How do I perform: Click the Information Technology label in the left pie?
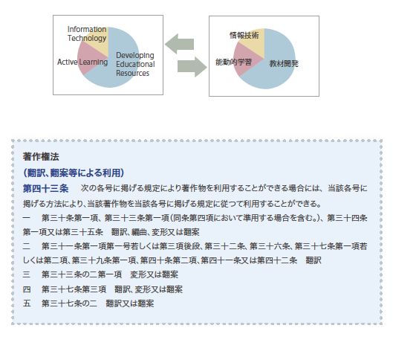pos(87,33)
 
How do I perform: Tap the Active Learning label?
pos(82,62)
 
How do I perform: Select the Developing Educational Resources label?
pos(135,64)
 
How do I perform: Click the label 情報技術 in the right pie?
pos(244,36)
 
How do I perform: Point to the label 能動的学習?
pos(233,62)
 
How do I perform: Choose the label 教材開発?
pos(284,63)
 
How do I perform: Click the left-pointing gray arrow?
pos(179,44)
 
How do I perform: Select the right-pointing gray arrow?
pos(192,67)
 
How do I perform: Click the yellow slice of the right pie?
pos(254,40)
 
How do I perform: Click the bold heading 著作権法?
pos(41,157)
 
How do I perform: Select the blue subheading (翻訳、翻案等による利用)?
pos(74,173)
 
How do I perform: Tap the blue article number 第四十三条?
pos(45,188)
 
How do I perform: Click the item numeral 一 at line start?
pos(27,218)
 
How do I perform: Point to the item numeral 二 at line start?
pos(27,246)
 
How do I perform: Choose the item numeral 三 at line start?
pos(27,274)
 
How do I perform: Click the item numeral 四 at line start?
pos(27,289)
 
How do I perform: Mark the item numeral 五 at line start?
pos(27,303)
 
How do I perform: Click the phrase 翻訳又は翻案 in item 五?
pos(130,303)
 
